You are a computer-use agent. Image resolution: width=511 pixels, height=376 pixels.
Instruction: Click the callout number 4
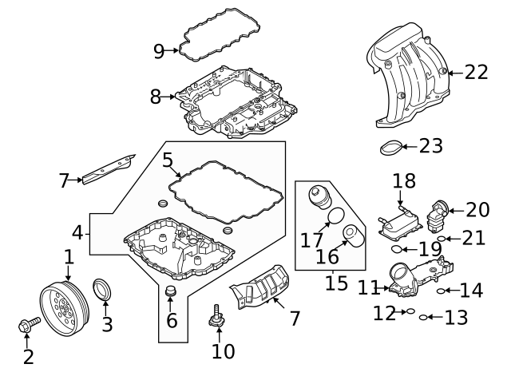click(x=77, y=233)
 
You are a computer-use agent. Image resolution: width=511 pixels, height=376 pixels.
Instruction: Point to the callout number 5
click(x=168, y=160)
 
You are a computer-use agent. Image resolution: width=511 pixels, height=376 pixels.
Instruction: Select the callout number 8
click(x=156, y=97)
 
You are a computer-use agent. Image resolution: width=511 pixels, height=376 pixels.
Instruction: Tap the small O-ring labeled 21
click(x=442, y=239)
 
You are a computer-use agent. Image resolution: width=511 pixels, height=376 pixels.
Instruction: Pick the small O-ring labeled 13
click(x=424, y=318)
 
